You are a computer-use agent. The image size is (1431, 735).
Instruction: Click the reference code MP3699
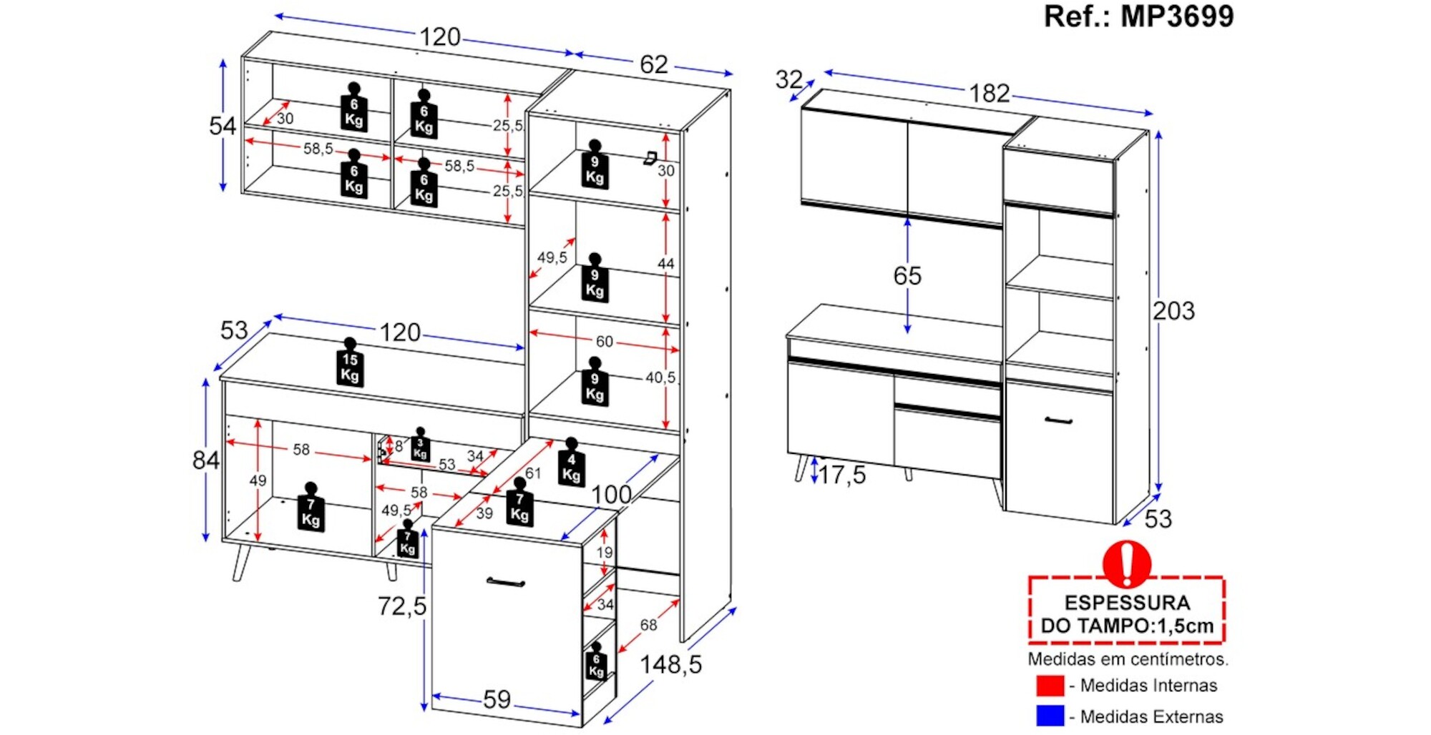[1176, 16]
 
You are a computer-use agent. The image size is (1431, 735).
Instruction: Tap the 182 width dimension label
[989, 93]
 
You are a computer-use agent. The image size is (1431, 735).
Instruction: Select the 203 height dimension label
[1173, 311]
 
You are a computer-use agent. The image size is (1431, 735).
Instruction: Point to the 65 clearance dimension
[907, 276]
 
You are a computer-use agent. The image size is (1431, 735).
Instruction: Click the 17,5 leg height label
[841, 475]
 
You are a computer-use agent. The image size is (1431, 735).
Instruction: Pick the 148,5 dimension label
[670, 665]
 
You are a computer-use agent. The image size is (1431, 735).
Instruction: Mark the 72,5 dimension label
[401, 606]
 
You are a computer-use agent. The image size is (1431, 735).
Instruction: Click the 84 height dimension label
[205, 460]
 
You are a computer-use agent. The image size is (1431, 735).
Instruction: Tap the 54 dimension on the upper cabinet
[222, 127]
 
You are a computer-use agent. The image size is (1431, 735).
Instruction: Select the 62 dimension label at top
[653, 64]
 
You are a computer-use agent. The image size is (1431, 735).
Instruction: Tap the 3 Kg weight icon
[420, 446]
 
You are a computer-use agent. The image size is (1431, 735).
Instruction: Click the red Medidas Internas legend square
[1050, 685]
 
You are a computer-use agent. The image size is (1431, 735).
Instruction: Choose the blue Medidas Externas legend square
[1050, 716]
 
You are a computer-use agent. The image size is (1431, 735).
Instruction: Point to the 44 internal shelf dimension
[665, 264]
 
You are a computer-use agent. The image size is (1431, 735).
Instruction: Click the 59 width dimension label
[497, 699]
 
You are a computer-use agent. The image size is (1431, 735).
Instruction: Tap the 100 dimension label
[611, 494]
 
